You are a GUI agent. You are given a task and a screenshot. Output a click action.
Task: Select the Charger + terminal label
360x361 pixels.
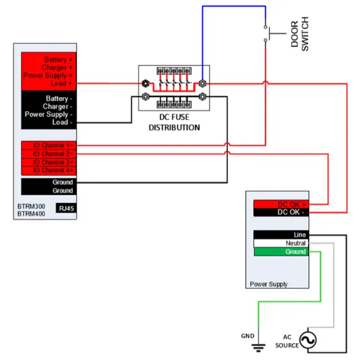[57, 68]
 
